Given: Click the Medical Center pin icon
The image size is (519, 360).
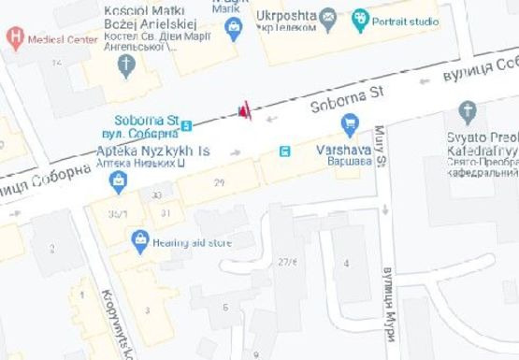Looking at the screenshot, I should pos(14,38).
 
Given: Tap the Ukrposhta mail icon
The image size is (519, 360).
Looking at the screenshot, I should pos(328,16).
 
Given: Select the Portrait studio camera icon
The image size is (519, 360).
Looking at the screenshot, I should pos(360,18).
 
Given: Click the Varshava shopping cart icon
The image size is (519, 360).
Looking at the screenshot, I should pos(351,122).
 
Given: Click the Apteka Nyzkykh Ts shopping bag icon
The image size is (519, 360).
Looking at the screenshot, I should pos(119,181).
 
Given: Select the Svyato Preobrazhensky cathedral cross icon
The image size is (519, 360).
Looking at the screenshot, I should pos(468,113).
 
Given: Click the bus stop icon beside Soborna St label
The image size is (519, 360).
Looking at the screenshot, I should pos(187,124).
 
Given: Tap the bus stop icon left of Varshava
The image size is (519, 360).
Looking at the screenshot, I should pos(285,151).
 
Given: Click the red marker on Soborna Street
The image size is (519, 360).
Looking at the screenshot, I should pos(244,112).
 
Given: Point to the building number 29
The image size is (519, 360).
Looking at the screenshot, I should pos(219,182).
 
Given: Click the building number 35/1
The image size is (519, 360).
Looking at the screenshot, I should pos(117,213).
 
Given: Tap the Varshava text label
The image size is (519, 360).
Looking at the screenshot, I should pos(344,149).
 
